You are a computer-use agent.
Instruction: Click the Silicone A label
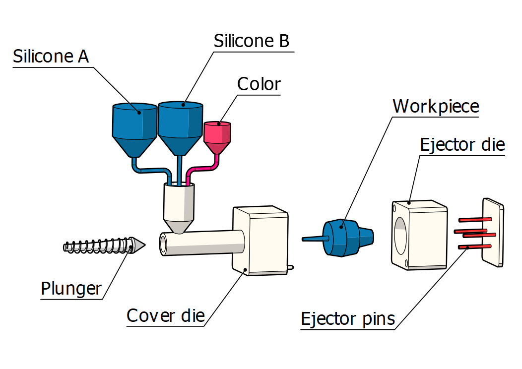[x=51, y=57]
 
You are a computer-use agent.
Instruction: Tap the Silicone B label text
[x=251, y=41]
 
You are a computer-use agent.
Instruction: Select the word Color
[x=259, y=84]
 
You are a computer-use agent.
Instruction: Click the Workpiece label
[x=436, y=106]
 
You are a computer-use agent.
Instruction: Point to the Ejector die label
[x=462, y=145]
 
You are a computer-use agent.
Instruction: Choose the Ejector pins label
[x=348, y=319]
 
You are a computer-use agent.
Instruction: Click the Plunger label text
[x=71, y=288]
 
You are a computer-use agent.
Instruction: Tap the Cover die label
[x=165, y=315]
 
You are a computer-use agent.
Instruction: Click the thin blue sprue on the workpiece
[x=313, y=239]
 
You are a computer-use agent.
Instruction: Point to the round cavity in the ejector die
[x=400, y=233]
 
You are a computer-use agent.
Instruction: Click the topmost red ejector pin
[x=475, y=219]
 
